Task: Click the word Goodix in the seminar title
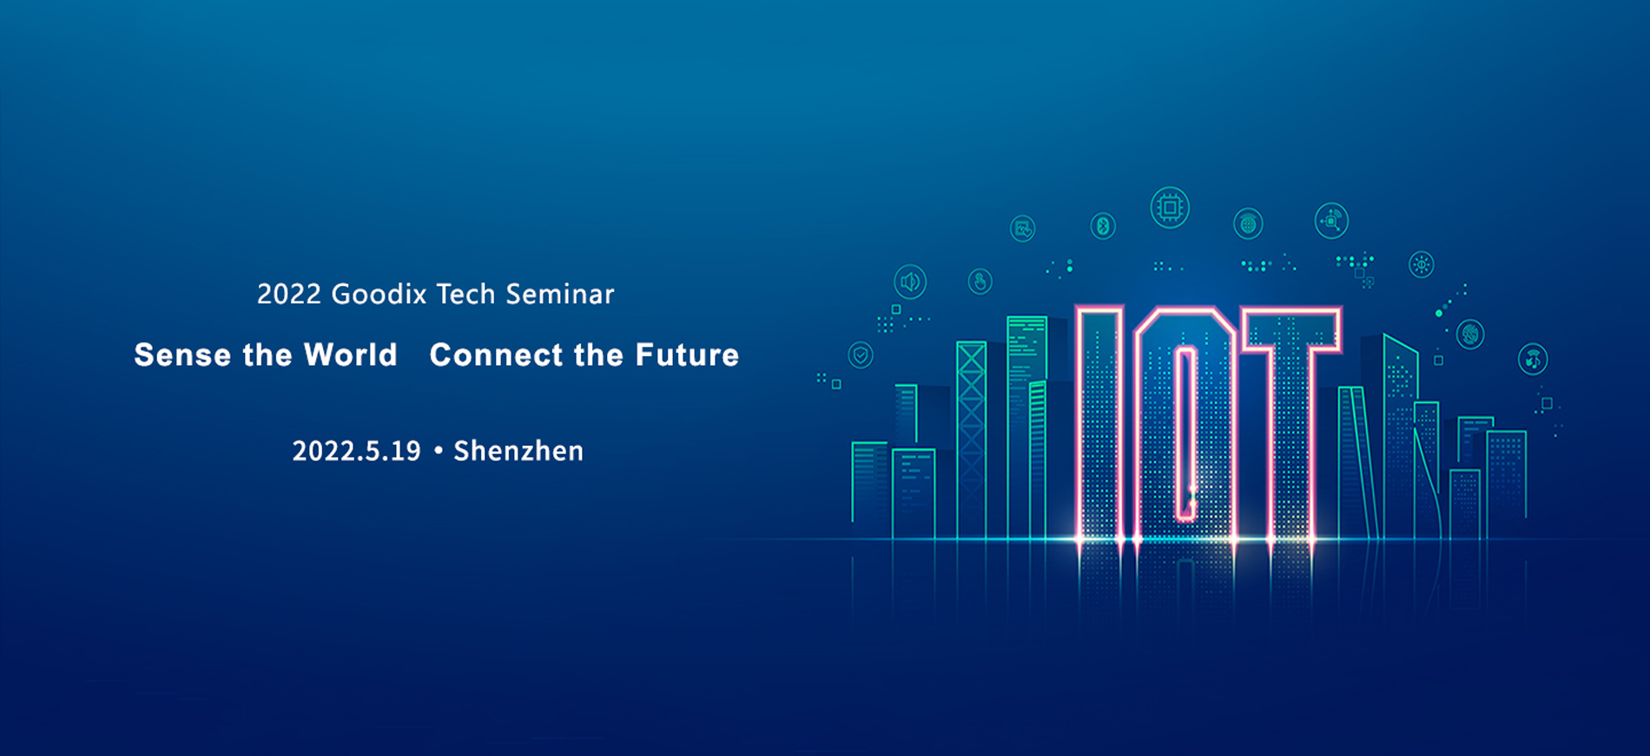(379, 295)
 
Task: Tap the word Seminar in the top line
(560, 295)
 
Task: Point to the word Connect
(497, 355)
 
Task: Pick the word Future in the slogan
(687, 355)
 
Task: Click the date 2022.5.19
(356, 451)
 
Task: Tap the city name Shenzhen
(518, 451)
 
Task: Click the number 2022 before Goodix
(289, 295)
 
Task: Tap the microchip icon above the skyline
(1170, 208)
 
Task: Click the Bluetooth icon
(1103, 226)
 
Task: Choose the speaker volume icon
(910, 282)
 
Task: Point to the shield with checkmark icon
(861, 355)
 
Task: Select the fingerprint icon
(1470, 334)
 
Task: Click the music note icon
(1533, 359)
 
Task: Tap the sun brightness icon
(1422, 264)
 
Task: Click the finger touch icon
(980, 282)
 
